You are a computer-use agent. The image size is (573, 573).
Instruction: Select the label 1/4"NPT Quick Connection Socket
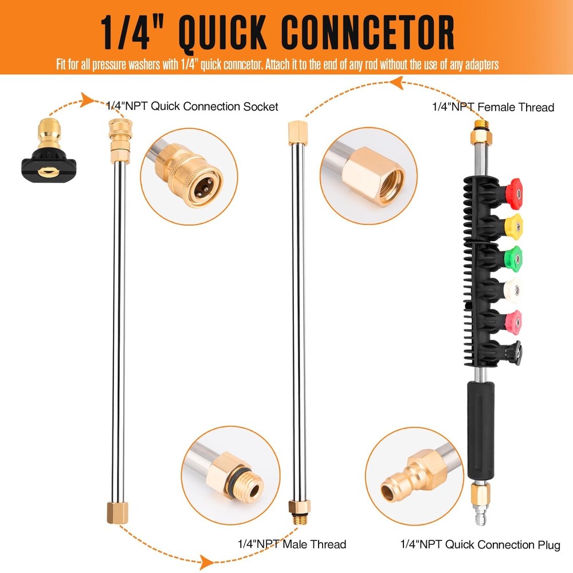pos(192,107)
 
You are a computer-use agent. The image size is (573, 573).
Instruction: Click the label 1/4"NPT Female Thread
pos(493,107)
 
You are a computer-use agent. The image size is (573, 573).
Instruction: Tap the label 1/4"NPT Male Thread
pos(292,544)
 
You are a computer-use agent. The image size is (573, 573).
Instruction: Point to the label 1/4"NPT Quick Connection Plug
pos(480,544)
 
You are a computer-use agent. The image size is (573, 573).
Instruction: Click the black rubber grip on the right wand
pos(480,429)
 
